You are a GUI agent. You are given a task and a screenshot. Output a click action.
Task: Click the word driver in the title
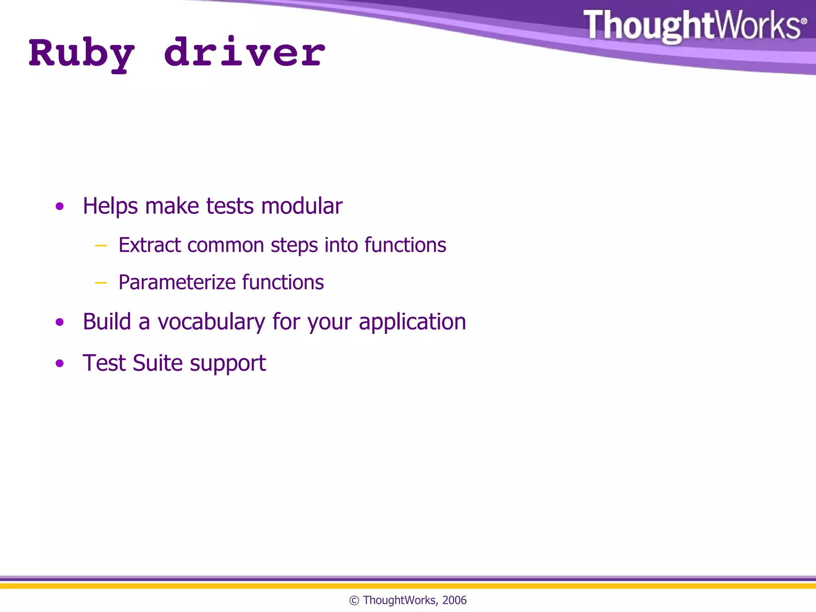(x=244, y=53)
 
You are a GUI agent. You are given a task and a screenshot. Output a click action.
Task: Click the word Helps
(x=110, y=207)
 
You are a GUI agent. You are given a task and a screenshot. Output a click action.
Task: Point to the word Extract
(x=150, y=245)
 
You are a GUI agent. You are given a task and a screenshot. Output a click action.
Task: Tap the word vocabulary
(x=211, y=322)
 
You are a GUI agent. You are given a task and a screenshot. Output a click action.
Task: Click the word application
(x=412, y=322)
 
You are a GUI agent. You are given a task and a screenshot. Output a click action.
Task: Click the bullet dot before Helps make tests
(x=60, y=206)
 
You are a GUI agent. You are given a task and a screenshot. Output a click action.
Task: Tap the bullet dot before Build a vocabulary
(x=60, y=322)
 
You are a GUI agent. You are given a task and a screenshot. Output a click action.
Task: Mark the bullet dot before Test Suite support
(x=60, y=363)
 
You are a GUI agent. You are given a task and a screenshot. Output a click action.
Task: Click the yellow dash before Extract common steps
(x=101, y=245)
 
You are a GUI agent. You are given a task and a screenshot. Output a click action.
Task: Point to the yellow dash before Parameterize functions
(x=101, y=283)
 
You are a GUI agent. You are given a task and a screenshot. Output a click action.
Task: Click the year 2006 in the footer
(x=454, y=600)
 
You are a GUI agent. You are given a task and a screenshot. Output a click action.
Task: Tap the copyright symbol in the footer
(x=354, y=600)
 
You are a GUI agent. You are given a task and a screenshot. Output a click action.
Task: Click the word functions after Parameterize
(x=283, y=282)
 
